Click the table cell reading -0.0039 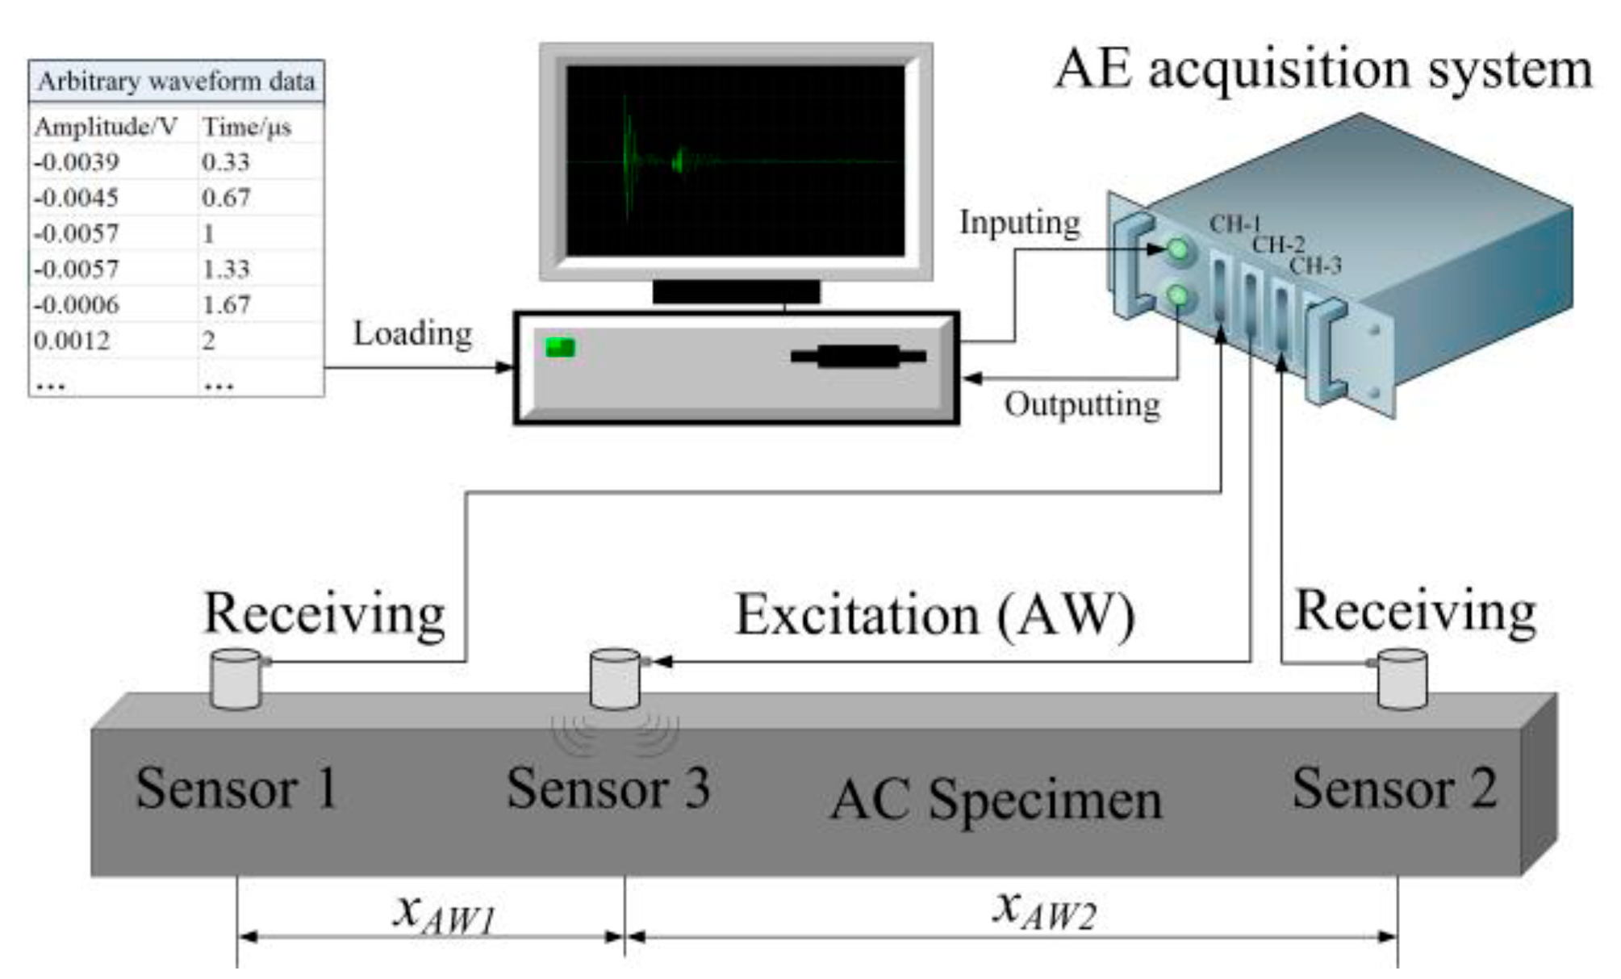pyautogui.click(x=77, y=161)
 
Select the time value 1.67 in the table pyautogui.click(x=226, y=304)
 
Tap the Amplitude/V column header pyautogui.click(x=106, y=127)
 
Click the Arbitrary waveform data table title pyautogui.click(x=176, y=82)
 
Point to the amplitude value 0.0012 pyautogui.click(x=72, y=341)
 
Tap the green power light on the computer pyautogui.click(x=560, y=347)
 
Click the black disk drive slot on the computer pyautogui.click(x=858, y=356)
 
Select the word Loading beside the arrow pyautogui.click(x=412, y=333)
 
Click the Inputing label pyautogui.click(x=1019, y=223)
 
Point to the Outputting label pyautogui.click(x=1081, y=404)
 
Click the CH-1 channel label pyautogui.click(x=1235, y=224)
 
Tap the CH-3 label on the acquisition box pyautogui.click(x=1315, y=265)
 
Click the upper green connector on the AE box pyautogui.click(x=1178, y=249)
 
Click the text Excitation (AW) pyautogui.click(x=934, y=616)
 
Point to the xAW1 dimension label pyautogui.click(x=443, y=914)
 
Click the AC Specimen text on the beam pyautogui.click(x=996, y=800)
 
